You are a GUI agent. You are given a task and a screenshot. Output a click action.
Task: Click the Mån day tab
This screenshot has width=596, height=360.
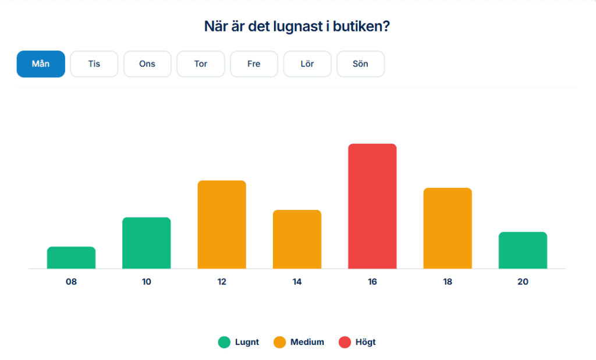41,64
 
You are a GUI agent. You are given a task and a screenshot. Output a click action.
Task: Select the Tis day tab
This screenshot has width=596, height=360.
94,64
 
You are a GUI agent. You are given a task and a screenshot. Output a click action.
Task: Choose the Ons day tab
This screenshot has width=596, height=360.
147,64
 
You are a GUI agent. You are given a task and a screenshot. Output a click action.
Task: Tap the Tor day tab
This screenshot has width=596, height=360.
201,64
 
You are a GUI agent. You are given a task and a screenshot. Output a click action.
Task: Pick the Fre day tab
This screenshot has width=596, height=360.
254,64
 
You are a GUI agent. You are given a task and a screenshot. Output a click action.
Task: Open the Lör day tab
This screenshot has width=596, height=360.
307,64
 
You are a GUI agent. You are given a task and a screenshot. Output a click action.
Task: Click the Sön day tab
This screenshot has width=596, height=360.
361,64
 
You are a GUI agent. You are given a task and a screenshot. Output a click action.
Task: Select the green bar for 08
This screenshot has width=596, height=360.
71,258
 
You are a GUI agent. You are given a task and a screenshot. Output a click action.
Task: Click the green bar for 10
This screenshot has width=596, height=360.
147,243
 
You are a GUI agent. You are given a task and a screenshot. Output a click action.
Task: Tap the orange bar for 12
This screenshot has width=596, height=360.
222,224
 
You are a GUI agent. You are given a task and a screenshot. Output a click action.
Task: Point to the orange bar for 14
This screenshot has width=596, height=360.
297,239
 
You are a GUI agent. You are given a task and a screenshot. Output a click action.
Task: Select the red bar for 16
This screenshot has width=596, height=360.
372,206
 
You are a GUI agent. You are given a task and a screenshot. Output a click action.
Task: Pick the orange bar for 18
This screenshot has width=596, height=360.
448,228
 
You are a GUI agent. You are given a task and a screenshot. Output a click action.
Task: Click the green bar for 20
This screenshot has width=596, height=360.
523,250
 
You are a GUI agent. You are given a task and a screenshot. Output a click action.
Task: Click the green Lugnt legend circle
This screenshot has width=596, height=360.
224,342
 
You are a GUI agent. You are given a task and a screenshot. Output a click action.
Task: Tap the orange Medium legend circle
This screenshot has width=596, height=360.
279,342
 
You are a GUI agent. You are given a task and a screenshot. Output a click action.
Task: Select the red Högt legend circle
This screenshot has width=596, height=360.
345,342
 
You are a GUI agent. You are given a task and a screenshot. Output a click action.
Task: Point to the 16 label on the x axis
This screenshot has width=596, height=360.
372,282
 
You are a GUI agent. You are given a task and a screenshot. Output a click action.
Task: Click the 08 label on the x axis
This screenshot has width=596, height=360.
71,282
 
